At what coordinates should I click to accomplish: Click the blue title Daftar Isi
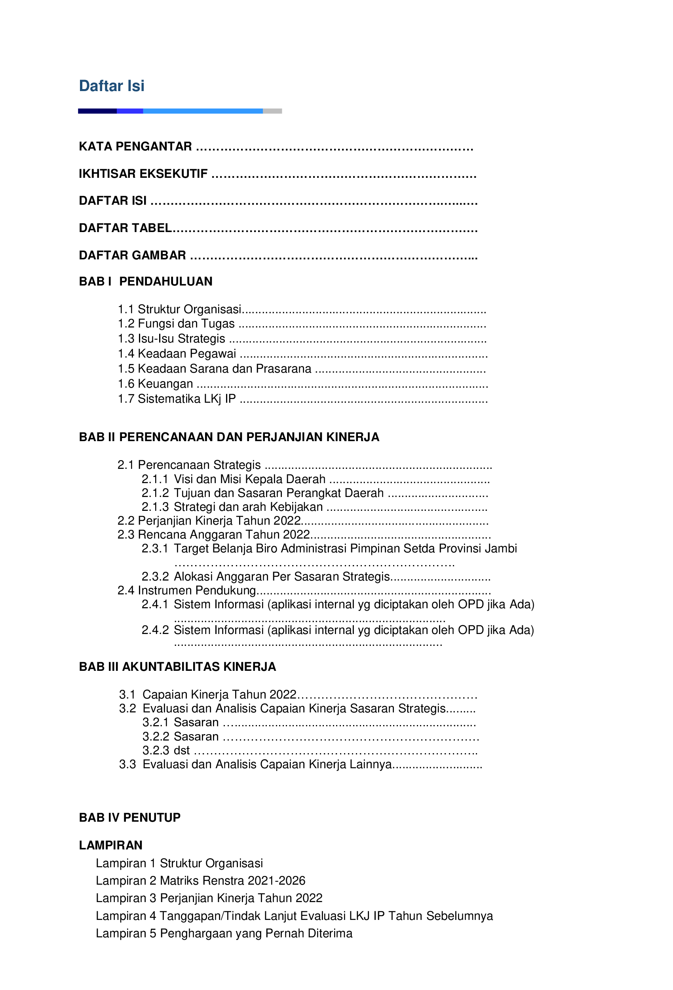pos(112,86)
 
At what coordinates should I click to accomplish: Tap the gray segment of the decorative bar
pos(272,111)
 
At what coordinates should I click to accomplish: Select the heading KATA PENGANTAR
pos(135,147)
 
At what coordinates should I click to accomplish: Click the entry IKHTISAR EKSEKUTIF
pos(143,174)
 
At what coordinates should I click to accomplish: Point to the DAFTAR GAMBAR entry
pos(133,255)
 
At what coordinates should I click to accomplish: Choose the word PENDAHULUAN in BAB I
pos(166,282)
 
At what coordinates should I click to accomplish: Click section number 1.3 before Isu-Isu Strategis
pos(126,339)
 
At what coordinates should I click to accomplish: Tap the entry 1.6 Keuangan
pos(156,384)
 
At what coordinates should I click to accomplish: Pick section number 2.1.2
pos(155,493)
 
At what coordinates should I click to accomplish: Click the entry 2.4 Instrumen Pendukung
pos(186,590)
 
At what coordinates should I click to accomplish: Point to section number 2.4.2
pos(155,630)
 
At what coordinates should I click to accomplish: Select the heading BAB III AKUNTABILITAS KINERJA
pos(177,667)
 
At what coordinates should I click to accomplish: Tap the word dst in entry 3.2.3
pos(181,750)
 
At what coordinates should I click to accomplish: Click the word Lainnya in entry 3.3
pos(371,764)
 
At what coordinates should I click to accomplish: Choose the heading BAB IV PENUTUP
pos(130,817)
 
